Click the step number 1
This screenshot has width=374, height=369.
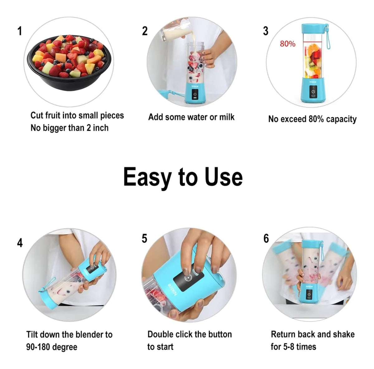pyautogui.click(x=20, y=31)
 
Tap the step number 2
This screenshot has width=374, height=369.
pyautogui.click(x=145, y=31)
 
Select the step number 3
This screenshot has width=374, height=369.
pyautogui.click(x=266, y=31)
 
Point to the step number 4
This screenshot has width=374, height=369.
pyautogui.click(x=20, y=243)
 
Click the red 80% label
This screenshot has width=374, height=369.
pyautogui.click(x=287, y=44)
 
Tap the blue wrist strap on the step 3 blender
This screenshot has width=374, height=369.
pyautogui.click(x=328, y=37)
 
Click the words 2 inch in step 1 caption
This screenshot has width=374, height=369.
pyautogui.click(x=98, y=128)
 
